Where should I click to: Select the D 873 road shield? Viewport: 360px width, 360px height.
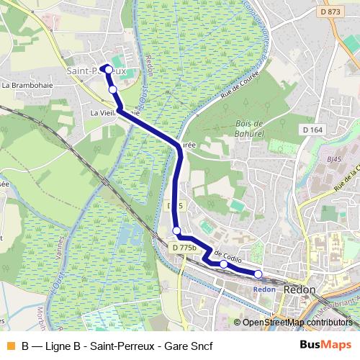(331, 12)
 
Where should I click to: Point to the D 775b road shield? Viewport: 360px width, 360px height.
(184, 248)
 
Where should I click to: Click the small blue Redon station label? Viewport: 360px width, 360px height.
(264, 289)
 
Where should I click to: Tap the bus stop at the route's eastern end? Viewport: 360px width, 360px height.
(258, 274)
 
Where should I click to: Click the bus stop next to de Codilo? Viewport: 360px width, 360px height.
(223, 264)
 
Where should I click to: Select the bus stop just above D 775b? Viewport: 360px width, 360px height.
(176, 230)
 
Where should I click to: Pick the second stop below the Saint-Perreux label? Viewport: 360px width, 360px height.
(112, 89)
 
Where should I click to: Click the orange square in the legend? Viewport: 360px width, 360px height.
(10, 345)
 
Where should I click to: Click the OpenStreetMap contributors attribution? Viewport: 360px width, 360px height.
(296, 322)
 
